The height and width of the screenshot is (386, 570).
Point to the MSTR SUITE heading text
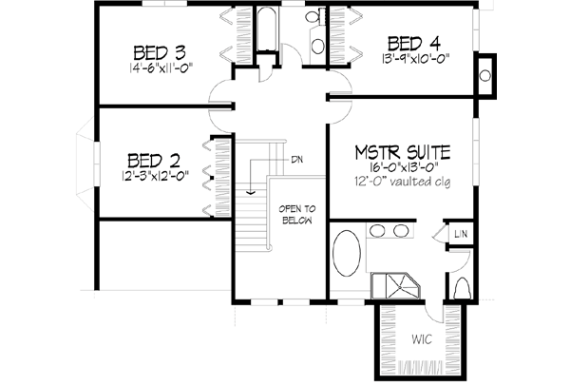pos(403,152)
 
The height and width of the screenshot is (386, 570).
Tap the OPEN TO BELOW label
pos(296,216)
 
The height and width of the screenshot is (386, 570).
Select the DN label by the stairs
pos(297,159)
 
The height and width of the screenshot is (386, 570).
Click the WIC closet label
pos(422,338)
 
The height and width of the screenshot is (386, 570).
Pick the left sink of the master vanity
pos(375,231)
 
